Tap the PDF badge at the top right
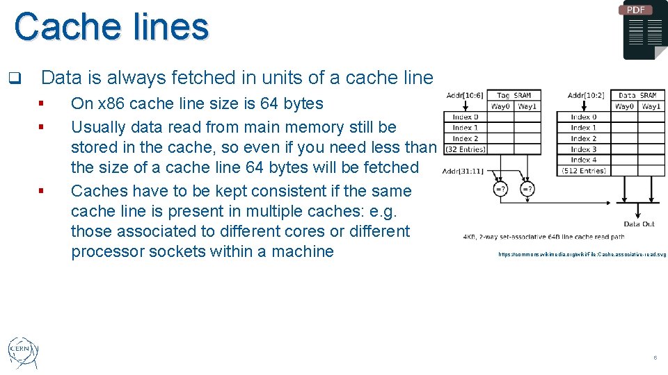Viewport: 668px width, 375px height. (x=635, y=10)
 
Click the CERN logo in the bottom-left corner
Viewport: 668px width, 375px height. (x=23, y=353)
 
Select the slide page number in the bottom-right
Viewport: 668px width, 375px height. (x=655, y=358)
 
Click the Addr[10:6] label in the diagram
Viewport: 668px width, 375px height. (x=466, y=96)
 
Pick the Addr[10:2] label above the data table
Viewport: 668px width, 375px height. (x=586, y=96)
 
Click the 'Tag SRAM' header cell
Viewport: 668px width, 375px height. (x=513, y=96)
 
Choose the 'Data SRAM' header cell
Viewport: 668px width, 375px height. (x=637, y=96)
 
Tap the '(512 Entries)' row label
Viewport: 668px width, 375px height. (x=584, y=171)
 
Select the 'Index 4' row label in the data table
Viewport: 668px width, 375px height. (x=584, y=160)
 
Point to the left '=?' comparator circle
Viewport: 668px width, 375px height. (x=500, y=189)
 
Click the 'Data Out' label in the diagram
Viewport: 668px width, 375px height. (x=639, y=224)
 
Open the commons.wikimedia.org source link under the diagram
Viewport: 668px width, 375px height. (x=582, y=255)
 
